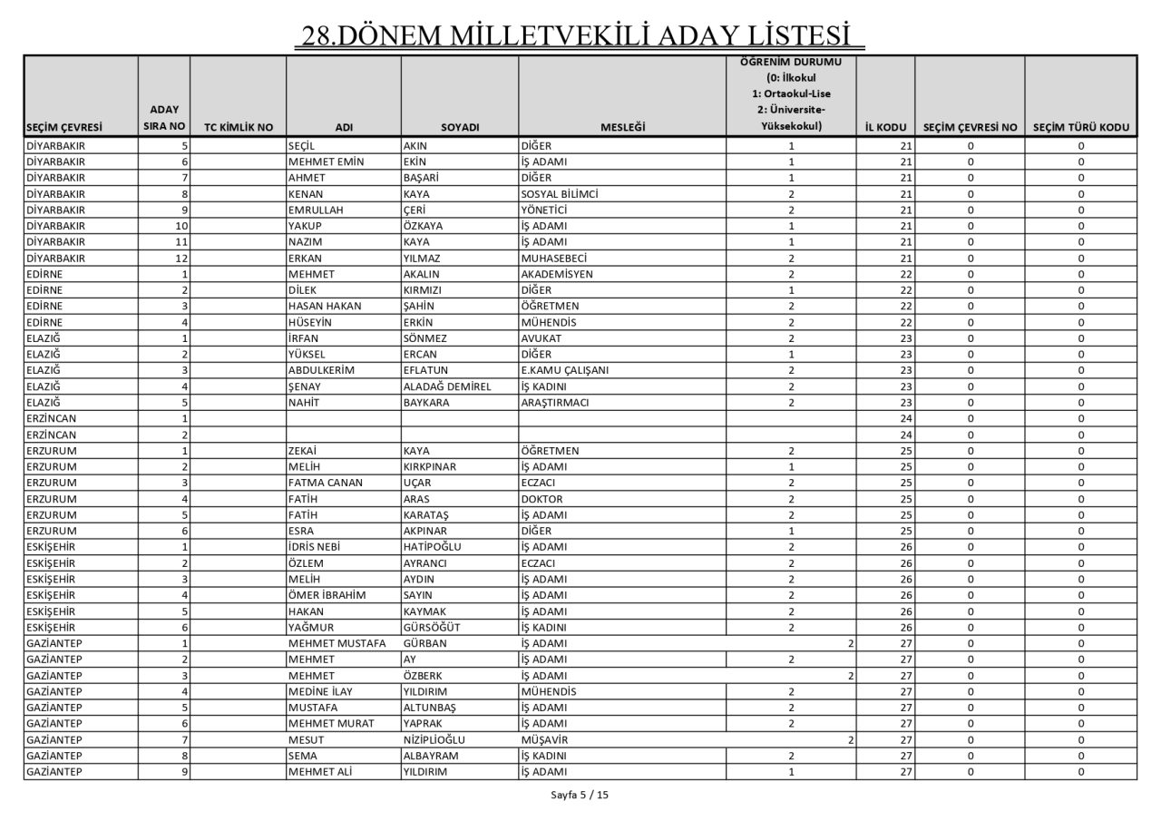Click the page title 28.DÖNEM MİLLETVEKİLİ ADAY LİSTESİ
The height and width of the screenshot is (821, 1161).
(x=580, y=35)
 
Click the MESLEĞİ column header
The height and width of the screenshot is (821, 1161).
(x=622, y=128)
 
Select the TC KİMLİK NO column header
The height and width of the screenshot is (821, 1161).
(x=239, y=128)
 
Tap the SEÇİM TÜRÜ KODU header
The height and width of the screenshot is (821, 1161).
(x=1080, y=128)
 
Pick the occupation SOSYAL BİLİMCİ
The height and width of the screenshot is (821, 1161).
(x=560, y=194)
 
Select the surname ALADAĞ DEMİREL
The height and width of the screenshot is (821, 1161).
(x=447, y=386)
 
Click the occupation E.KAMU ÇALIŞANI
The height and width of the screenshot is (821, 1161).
(x=564, y=370)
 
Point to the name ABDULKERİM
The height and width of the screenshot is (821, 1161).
(x=320, y=370)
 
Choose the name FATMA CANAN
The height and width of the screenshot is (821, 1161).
(x=325, y=483)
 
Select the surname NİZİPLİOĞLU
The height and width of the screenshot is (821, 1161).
(x=440, y=739)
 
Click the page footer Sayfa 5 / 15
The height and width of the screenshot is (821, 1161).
(x=580, y=796)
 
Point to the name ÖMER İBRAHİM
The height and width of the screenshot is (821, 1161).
(x=327, y=595)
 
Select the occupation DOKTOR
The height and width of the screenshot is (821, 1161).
(x=542, y=499)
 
